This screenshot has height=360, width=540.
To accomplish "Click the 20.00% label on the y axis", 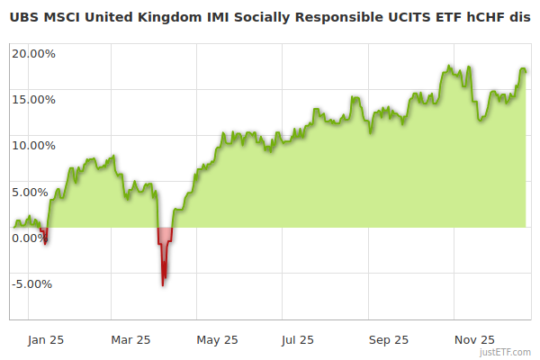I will pos(33,53).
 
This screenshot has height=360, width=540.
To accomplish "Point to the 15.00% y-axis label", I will pos(33,99).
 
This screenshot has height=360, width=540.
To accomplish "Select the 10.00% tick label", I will pos(33,145).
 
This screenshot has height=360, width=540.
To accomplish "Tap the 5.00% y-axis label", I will pos(36,192).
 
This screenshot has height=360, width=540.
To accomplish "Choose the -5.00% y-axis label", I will pos(34,284).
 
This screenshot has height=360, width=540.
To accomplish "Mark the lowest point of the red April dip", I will pos(163,285).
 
